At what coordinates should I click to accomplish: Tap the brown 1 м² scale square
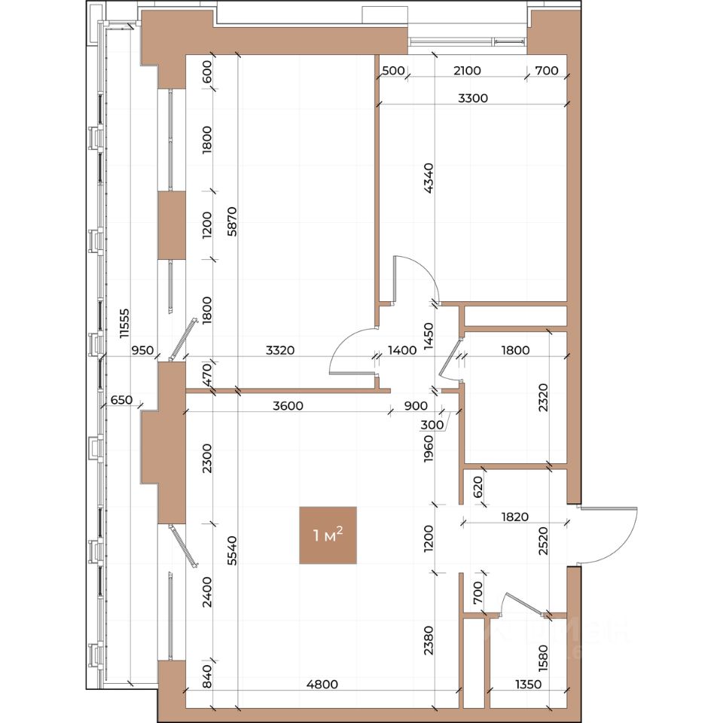tap(328, 535)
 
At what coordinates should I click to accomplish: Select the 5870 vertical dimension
tap(232, 221)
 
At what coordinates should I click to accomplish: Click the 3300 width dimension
tap(473, 98)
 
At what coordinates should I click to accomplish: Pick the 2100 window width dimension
tap(467, 71)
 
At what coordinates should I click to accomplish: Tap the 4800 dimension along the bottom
tap(322, 685)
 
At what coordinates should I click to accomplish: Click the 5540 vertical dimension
tap(232, 551)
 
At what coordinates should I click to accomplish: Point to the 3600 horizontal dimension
tap(288, 406)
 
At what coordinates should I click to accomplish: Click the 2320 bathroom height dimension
tap(544, 396)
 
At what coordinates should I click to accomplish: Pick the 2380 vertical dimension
tap(429, 639)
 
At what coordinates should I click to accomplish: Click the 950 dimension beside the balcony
tap(142, 350)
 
